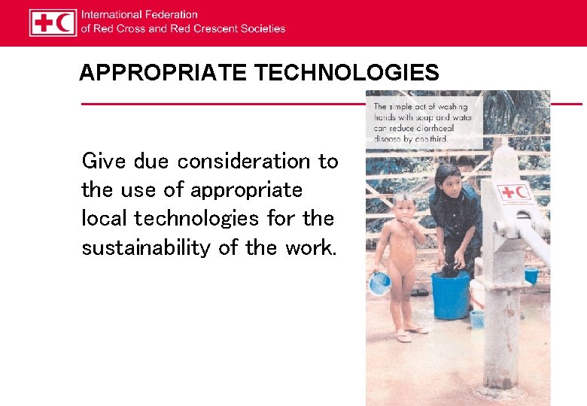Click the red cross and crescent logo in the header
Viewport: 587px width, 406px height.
53,23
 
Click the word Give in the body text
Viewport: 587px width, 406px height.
101,161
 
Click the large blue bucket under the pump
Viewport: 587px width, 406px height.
450,294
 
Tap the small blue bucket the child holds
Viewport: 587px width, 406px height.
380,283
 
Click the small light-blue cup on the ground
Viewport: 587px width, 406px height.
477,319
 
